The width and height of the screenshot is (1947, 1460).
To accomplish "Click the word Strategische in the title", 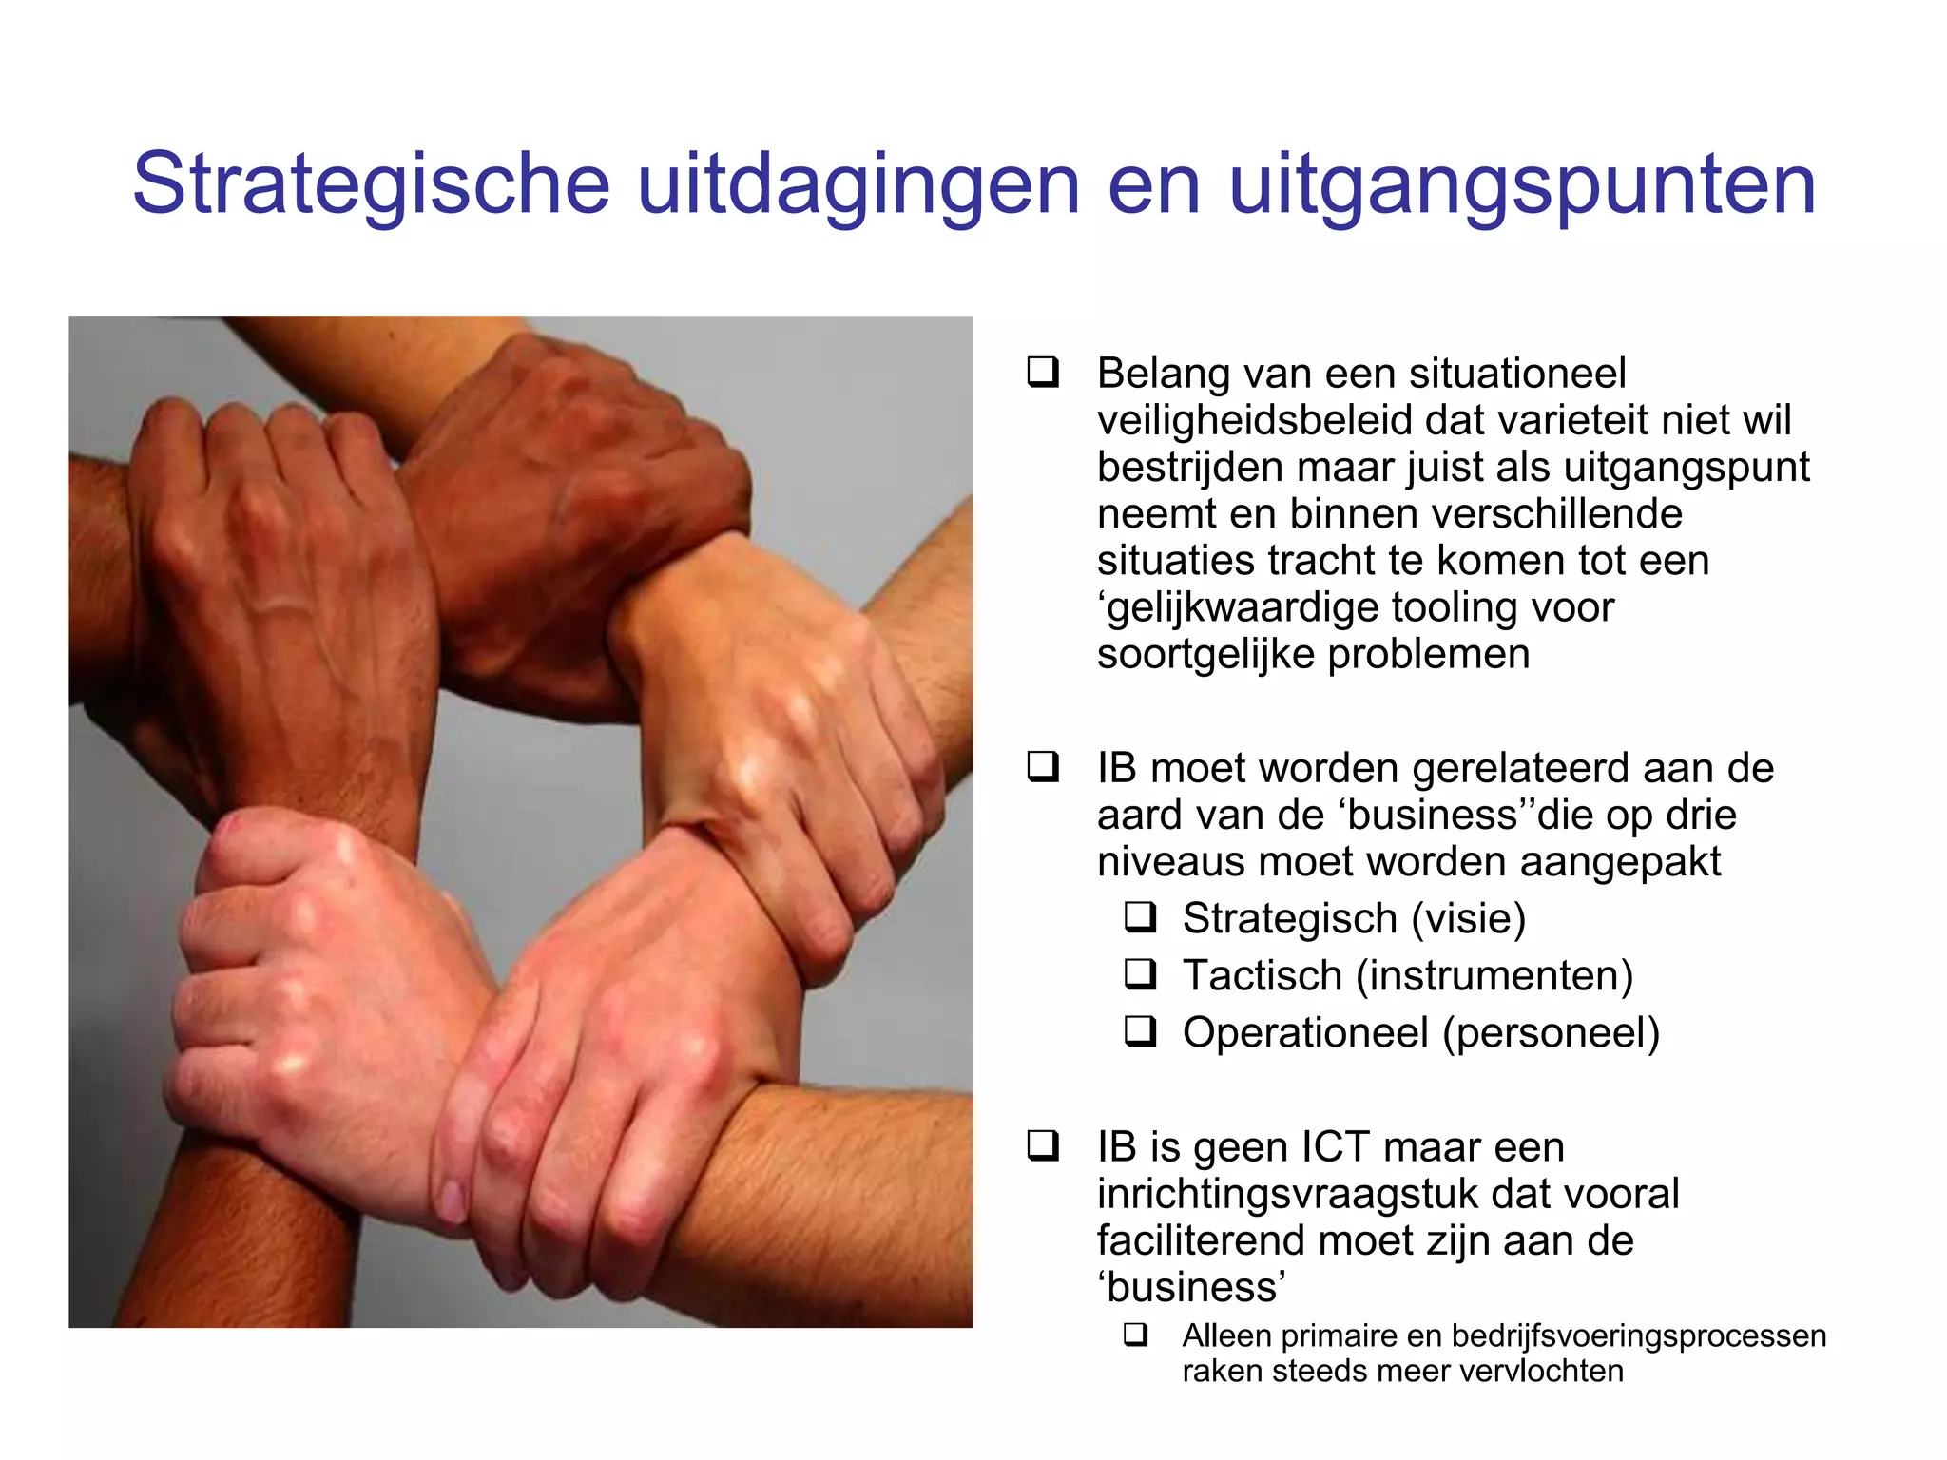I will point(371,183).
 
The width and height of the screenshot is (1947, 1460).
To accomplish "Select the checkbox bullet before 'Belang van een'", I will point(1042,372).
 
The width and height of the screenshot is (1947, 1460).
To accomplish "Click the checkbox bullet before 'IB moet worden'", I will point(1042,766).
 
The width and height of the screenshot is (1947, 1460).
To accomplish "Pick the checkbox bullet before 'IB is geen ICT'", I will point(1042,1145).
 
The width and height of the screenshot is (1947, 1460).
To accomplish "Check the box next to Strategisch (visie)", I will point(1140,917).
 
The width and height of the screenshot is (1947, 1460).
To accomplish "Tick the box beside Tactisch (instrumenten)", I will point(1140,974).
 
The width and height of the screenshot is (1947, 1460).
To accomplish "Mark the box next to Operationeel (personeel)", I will point(1140,1031).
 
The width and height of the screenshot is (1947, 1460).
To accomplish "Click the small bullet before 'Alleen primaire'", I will point(1135,1335).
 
